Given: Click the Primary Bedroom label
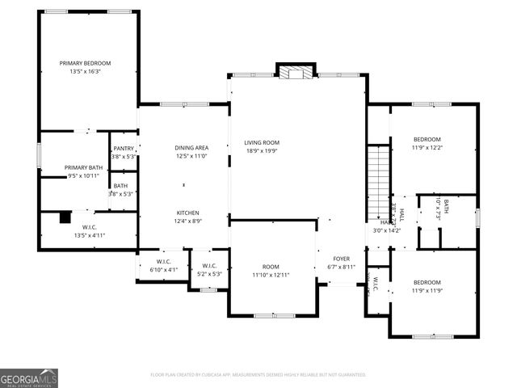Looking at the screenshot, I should pos(85,63).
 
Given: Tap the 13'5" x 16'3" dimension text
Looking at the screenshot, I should pos(85,71).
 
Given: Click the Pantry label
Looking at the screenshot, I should pos(124,149).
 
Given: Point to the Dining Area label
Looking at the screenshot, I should pos(191,148).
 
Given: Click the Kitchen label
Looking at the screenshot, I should pos(189,212).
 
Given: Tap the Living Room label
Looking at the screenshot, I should pos(262,142).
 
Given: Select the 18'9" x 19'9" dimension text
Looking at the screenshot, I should pos(262,150).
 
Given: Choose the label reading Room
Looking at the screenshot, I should pos(271,267).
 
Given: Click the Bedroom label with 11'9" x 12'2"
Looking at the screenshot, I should pos(427,139).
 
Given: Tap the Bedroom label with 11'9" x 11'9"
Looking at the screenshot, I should pos(427,282).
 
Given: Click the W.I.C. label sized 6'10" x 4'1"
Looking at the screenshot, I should pos(165,261).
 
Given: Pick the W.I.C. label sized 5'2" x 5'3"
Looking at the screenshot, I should pos(208,266).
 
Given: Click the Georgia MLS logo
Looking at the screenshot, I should pos(29,377).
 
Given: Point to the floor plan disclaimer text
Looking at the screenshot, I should pos(258,374).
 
